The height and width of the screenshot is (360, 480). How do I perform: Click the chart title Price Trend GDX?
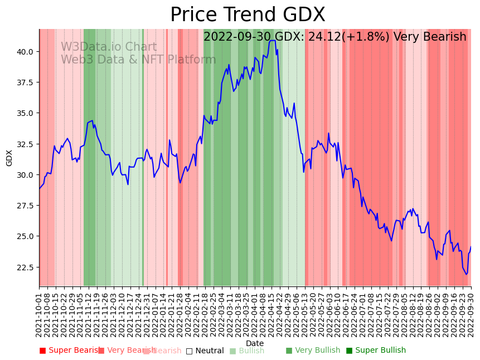(x=248, y=15)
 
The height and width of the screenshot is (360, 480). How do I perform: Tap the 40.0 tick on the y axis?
(x=25, y=52)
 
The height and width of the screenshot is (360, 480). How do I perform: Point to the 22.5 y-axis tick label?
(x=25, y=267)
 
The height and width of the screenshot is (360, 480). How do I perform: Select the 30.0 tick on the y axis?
(x=25, y=175)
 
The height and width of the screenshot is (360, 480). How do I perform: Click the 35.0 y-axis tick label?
(x=25, y=113)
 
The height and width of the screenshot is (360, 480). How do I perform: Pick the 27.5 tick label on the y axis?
(x=25, y=206)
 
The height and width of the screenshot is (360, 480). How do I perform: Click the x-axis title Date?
(x=255, y=343)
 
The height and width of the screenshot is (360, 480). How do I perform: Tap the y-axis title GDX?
(x=9, y=158)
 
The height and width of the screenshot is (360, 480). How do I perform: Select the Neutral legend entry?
(x=205, y=351)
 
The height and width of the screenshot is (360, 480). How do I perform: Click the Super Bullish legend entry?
(x=376, y=351)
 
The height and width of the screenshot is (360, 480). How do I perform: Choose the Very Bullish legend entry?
(x=313, y=351)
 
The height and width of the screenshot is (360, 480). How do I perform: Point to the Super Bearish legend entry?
(x=70, y=351)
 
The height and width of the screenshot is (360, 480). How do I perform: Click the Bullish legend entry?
(x=247, y=351)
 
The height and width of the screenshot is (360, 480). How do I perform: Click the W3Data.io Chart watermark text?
(x=109, y=47)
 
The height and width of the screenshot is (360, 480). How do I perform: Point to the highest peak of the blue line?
(x=272, y=40)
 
